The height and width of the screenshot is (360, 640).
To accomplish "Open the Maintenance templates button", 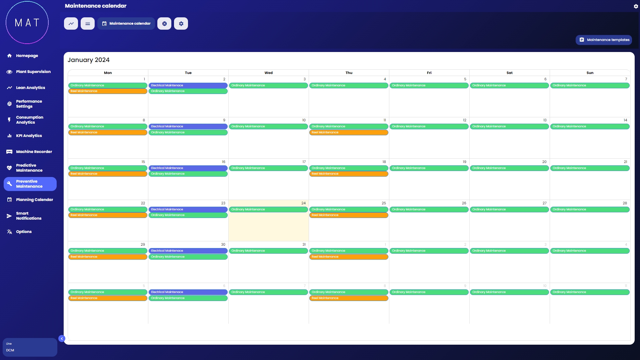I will [x=604, y=40].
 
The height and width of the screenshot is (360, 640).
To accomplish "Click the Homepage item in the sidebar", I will [x=27, y=56].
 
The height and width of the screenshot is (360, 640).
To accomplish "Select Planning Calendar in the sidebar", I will [x=34, y=200].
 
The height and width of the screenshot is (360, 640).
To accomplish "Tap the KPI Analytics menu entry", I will [x=29, y=136].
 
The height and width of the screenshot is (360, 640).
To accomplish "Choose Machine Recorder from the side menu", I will [x=34, y=152].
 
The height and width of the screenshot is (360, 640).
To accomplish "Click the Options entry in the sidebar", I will [x=24, y=232].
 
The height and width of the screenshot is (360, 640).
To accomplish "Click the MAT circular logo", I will [x=27, y=23].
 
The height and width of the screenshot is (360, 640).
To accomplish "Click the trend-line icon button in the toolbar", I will [x=71, y=24].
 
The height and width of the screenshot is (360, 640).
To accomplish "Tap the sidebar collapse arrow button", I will [x=62, y=339].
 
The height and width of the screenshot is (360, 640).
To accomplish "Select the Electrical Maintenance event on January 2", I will [x=188, y=85].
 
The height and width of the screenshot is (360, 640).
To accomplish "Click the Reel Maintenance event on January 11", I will [x=349, y=132].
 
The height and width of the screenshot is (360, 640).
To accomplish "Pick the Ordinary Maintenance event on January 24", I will [x=268, y=209].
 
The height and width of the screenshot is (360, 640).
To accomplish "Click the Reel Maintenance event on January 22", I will [x=108, y=215].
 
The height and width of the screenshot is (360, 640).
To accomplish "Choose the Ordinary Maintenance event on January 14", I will [x=590, y=126].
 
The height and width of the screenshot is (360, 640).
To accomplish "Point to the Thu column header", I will [x=349, y=73].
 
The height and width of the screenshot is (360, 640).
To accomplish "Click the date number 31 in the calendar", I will [x=304, y=244].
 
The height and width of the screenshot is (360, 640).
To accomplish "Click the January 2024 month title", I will [x=89, y=60].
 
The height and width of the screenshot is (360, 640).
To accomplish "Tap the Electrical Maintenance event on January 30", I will [x=188, y=251].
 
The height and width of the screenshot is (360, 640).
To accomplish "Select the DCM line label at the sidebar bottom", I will [x=10, y=350].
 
